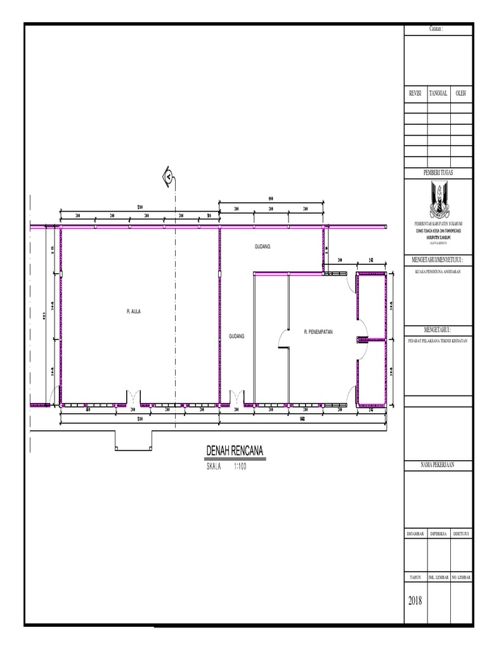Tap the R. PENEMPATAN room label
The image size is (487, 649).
coord(318,331)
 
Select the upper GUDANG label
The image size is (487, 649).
coord(262,246)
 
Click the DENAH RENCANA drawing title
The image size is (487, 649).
coord(235,451)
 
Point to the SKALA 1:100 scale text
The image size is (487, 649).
coord(226,466)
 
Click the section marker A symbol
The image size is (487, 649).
coord(169,177)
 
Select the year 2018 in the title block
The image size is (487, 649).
coord(416,600)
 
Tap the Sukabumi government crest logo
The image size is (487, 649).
coord(438,199)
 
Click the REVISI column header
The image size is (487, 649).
coord(415,93)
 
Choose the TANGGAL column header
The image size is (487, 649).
coord(438,93)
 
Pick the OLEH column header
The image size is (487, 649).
coord(461,93)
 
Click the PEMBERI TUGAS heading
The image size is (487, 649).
coord(438,172)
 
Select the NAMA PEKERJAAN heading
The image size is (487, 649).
coord(438,466)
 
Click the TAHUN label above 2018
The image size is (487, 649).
coord(415,577)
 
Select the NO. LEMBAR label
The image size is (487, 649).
coord(461,577)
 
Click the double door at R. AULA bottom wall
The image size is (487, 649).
coord(133,398)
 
